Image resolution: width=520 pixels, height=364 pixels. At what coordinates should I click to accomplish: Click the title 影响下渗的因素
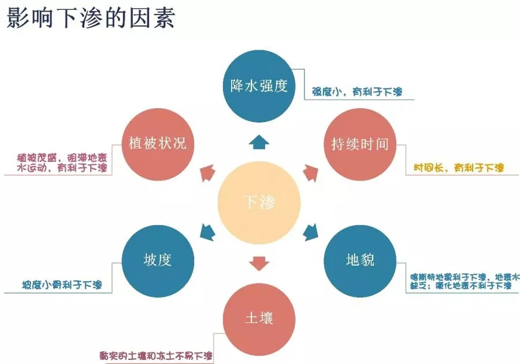coord(91,19)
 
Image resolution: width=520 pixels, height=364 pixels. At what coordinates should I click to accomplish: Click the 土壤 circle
coord(259,318)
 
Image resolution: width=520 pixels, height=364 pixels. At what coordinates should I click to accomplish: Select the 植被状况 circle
coord(157,144)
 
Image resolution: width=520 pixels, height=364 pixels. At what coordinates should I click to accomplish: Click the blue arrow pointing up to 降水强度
coord(259,141)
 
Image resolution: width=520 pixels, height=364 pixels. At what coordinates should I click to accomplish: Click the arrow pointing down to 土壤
coord(259,263)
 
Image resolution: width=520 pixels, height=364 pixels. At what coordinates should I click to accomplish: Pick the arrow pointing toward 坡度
coord(207,231)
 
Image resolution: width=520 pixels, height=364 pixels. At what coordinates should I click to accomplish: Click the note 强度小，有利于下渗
coord(357,91)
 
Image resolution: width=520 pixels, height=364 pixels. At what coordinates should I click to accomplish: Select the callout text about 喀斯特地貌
coord(460,281)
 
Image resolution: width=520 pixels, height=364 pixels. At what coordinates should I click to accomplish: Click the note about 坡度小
coord(62,285)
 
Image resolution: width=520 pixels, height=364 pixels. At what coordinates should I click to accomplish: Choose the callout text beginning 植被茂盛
coord(62,162)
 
